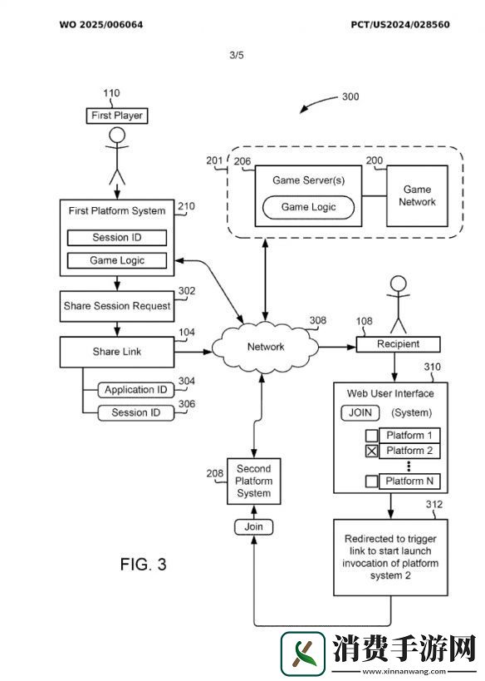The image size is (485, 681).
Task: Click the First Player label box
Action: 117,116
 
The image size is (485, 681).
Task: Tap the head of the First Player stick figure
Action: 117,135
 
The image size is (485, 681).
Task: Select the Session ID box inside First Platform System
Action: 117,238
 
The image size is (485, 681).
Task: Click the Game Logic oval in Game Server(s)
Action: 308,207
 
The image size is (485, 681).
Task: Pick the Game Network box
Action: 417,196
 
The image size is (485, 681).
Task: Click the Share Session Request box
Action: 117,306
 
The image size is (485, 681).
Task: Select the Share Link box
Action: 117,352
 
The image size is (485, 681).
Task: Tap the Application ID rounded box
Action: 135,390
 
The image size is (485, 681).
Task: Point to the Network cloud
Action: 266,348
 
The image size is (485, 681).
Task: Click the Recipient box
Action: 398,344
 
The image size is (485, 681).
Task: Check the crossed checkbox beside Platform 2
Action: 372,452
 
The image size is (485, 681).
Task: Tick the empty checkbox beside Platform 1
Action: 372,436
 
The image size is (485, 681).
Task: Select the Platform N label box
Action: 409,481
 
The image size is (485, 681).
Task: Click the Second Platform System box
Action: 254,481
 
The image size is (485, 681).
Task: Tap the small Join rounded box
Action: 254,527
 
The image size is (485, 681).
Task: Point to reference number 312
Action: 434,504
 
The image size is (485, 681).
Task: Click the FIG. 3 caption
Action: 143,564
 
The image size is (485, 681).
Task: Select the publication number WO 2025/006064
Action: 101,25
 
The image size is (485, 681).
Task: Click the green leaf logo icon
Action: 303,654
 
